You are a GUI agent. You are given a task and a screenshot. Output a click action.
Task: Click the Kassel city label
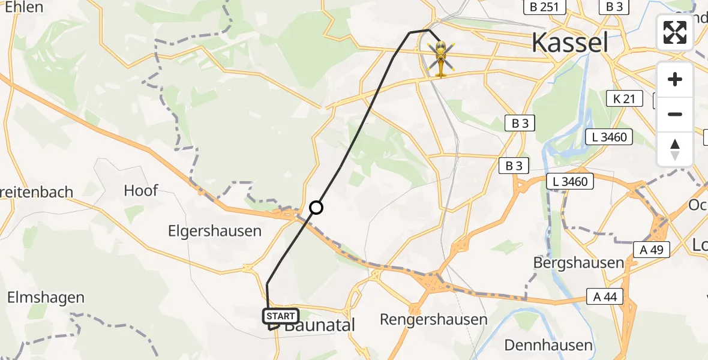(x=570, y=43)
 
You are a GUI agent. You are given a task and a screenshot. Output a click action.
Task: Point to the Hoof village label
(x=140, y=191)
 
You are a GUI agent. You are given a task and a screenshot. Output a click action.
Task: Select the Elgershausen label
(x=215, y=231)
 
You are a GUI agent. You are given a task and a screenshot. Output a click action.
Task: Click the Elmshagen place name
(x=46, y=298)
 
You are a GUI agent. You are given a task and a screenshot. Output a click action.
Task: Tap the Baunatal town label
(x=320, y=326)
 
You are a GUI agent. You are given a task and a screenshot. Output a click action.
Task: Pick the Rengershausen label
(x=434, y=319)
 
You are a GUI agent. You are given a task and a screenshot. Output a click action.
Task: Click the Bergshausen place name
(x=579, y=263)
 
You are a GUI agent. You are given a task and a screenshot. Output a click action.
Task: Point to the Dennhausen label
(x=548, y=345)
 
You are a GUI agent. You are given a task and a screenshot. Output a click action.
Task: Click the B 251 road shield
(x=544, y=7)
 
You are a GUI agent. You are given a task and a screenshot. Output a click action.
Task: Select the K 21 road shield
(x=625, y=99)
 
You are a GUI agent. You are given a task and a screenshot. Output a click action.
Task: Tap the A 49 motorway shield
(x=650, y=250)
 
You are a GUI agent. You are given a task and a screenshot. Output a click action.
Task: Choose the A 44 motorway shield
(x=605, y=296)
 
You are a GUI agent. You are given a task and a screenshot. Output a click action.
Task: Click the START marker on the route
(x=280, y=316)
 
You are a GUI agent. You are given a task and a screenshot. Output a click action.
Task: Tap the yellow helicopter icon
(x=441, y=58)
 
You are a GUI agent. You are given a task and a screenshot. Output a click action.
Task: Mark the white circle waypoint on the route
(x=316, y=208)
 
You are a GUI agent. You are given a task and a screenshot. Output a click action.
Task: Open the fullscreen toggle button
(x=675, y=32)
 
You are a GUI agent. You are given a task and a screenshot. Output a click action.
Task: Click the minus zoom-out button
(x=675, y=114)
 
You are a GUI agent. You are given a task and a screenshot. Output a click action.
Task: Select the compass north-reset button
(x=675, y=149)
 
